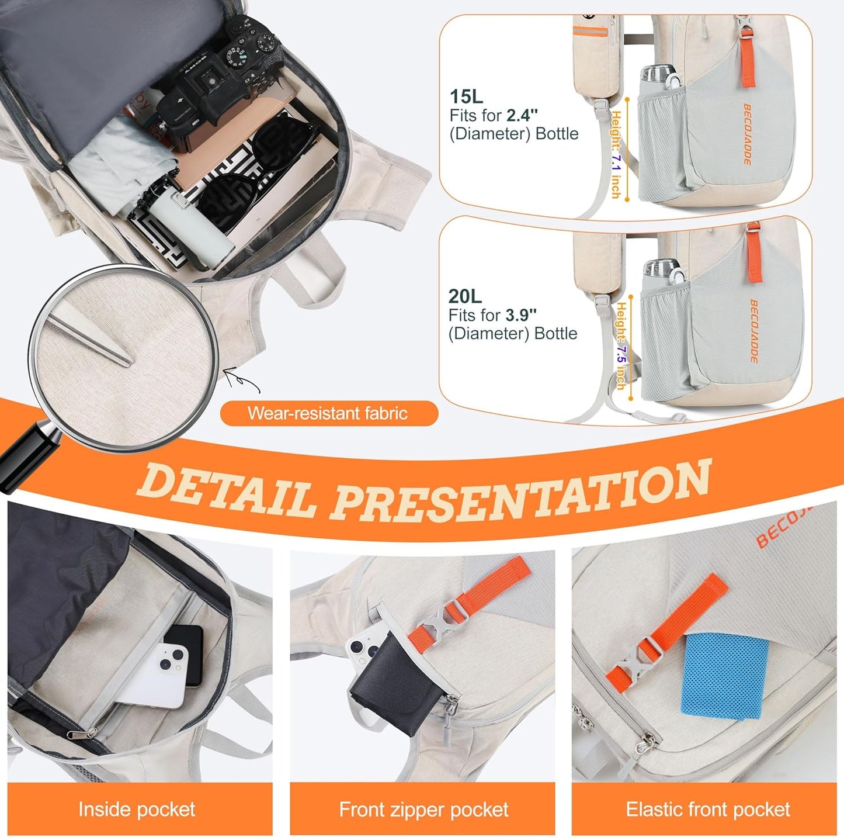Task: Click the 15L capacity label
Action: click(x=466, y=96)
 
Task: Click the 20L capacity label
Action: click(x=465, y=296)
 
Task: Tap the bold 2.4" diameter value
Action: click(x=522, y=115)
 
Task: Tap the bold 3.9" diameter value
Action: click(x=520, y=315)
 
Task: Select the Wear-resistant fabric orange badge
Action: click(x=328, y=413)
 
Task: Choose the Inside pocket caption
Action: click(x=137, y=809)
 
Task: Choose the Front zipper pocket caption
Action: click(x=423, y=809)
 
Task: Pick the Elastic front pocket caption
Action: click(x=707, y=809)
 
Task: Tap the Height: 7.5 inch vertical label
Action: click(x=621, y=345)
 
